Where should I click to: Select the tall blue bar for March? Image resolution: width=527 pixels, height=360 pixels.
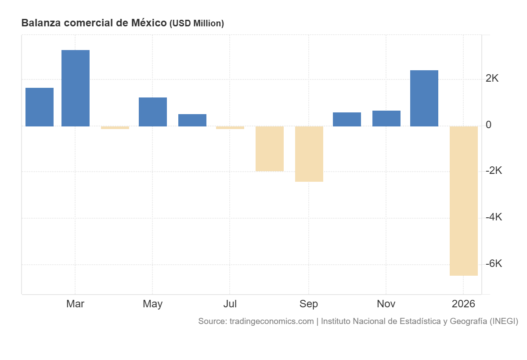tap(76, 88)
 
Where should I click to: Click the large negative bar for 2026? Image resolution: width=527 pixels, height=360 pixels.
tap(464, 201)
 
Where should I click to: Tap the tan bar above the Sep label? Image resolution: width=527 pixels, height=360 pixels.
tap(309, 154)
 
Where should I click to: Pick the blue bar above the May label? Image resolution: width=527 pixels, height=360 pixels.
tap(153, 112)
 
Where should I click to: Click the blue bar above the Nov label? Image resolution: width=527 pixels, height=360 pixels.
tap(386, 119)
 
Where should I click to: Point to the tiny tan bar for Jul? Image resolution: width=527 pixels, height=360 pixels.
tap(230, 128)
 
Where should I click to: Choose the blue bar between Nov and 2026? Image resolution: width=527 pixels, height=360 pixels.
tap(424, 98)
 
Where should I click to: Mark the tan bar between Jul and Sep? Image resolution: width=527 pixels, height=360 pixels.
tap(270, 148)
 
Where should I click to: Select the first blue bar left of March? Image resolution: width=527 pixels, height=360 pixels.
tap(40, 107)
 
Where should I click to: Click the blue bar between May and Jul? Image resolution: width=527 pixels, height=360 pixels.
tap(192, 120)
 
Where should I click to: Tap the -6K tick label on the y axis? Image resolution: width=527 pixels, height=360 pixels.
tap(494, 264)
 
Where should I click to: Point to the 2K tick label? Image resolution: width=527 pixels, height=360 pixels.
tap(492, 79)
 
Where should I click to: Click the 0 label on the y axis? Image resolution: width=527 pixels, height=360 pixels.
tap(488, 125)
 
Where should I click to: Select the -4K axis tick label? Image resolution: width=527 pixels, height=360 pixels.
tap(494, 217)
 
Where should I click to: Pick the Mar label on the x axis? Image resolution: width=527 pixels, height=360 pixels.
tap(75, 304)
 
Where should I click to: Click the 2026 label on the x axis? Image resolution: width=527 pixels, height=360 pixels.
tap(463, 304)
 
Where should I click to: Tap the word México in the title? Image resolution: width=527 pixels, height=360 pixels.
tap(149, 23)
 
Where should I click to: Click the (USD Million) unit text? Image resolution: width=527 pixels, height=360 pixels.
tap(196, 24)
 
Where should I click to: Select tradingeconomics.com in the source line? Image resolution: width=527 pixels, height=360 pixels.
tap(271, 321)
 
